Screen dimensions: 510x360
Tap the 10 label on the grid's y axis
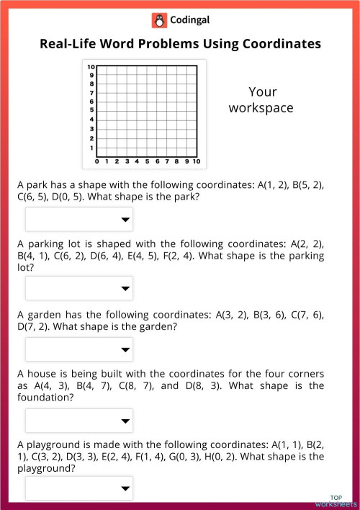coord(91,66)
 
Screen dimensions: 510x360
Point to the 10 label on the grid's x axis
coord(196,161)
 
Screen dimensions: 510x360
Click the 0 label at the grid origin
coord(97,161)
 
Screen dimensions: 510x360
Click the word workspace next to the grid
coord(261,108)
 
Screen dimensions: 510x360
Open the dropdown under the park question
coord(79,220)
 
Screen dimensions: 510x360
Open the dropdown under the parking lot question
coord(79,288)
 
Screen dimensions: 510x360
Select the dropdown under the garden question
coord(79,349)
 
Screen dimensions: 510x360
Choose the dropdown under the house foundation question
coord(79,421)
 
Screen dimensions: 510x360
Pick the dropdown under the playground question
coord(79,488)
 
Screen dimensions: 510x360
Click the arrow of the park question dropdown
coord(126,220)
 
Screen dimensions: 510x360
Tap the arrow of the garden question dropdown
coord(126,349)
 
